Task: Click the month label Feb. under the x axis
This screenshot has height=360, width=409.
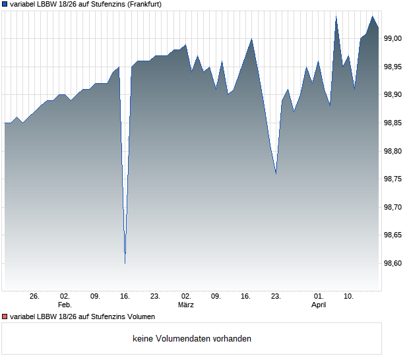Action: tap(65, 305)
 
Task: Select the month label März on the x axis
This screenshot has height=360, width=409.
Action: tap(186, 305)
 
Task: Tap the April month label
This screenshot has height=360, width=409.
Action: tap(319, 305)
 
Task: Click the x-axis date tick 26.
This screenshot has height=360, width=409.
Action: tap(35, 297)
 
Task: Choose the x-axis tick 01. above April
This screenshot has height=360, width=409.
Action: tap(319, 297)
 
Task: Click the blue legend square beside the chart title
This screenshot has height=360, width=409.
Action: tap(5, 5)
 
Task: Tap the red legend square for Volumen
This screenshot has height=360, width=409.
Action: tap(5, 316)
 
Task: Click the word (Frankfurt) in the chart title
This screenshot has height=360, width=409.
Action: tap(143, 5)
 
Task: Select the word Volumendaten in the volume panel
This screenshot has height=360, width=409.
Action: tap(181, 339)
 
